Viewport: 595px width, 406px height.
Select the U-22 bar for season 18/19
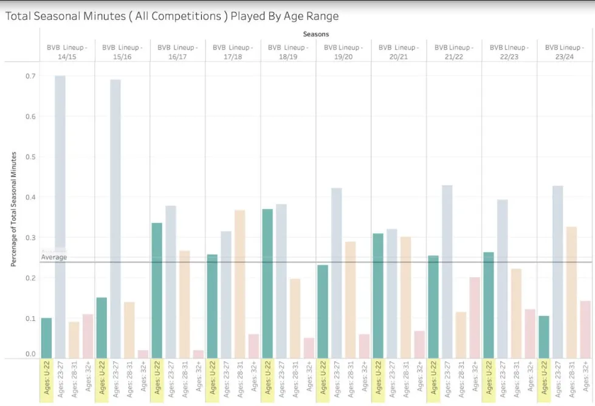pyautogui.click(x=267, y=283)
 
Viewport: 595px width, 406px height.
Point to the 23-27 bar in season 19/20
pyautogui.click(x=337, y=273)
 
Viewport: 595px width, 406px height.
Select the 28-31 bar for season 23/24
pyautogui.click(x=571, y=292)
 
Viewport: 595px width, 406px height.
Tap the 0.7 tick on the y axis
pyautogui.click(x=30, y=76)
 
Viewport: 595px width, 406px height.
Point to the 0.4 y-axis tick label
pyautogui.click(x=30, y=197)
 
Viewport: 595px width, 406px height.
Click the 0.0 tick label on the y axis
pyautogui.click(x=30, y=354)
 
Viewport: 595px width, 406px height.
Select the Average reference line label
pyautogui.click(x=54, y=258)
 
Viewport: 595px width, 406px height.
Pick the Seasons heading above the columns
pyautogui.click(x=315, y=35)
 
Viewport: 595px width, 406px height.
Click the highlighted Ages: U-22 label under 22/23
pyautogui.click(x=489, y=381)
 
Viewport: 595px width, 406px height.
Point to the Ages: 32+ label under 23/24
pyautogui.click(x=585, y=381)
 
